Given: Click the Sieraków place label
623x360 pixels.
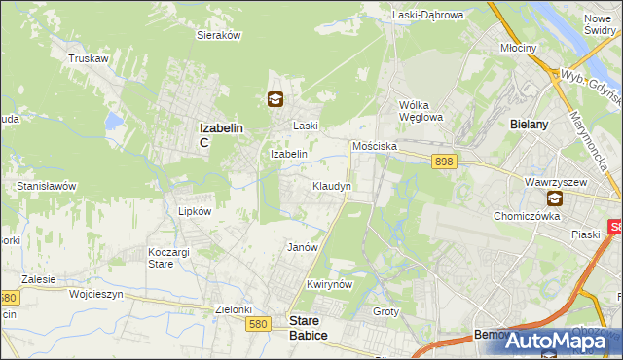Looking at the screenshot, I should pyautogui.click(x=219, y=34).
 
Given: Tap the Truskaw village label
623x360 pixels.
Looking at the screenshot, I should pyautogui.click(x=87, y=58).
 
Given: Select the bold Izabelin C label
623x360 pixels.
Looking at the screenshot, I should pyautogui.click(x=220, y=133).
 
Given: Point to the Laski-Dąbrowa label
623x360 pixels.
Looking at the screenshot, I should pyautogui.click(x=429, y=15).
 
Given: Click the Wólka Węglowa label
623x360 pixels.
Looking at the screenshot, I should pyautogui.click(x=421, y=112).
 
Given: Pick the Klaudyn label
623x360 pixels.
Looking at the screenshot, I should pyautogui.click(x=331, y=185).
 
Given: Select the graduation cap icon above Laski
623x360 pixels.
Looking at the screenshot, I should pyautogui.click(x=276, y=98).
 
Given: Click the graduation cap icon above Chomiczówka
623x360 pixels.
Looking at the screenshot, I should pyautogui.click(x=554, y=198).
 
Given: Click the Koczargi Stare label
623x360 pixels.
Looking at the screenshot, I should pyautogui.click(x=161, y=258).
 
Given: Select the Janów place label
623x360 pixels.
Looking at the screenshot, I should pyautogui.click(x=303, y=247).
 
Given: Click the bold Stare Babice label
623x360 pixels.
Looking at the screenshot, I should pyautogui.click(x=310, y=326).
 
